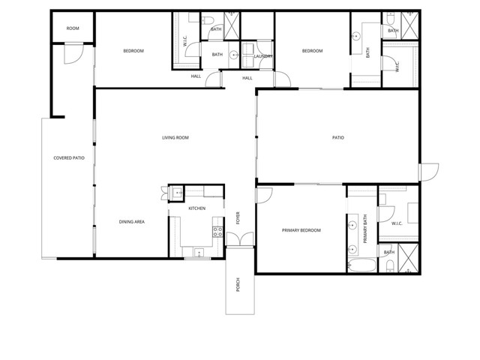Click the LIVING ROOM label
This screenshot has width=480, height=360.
tap(175, 138)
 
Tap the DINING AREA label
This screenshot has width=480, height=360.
tap(131, 221)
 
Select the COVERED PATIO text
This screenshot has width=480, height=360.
tap(68, 158)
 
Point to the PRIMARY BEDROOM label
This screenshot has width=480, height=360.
tap(301, 230)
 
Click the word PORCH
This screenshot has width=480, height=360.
tap(238, 286)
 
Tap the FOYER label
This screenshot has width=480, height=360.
tap(238, 217)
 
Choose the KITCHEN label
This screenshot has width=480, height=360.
tap(196, 208)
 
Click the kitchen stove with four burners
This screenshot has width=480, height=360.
tap(217, 231)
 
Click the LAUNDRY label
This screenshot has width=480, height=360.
tap(262, 56)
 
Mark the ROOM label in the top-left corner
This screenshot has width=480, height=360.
tap(73, 28)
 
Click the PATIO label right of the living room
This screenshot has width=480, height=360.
tap(338, 138)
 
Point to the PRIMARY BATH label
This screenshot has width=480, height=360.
tap(365, 229)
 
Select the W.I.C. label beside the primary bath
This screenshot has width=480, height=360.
tap(397, 223)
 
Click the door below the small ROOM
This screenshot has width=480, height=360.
tap(73, 53)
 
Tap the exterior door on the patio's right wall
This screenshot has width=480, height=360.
tap(427, 171)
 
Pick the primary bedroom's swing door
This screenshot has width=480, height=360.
tap(264, 195)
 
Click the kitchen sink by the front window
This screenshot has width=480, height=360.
tap(199, 253)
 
